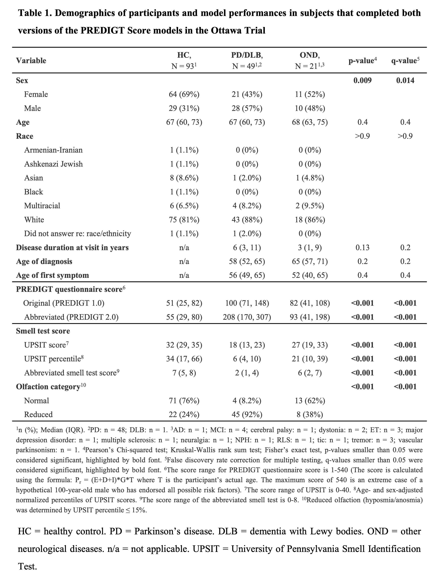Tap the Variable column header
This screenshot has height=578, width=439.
[x=31, y=61]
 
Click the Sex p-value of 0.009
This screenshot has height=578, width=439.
[x=362, y=81]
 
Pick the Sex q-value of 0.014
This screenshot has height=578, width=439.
[x=405, y=81]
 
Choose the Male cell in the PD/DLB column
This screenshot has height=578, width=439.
[x=247, y=108]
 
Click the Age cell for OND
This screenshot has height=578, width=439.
[x=310, y=122]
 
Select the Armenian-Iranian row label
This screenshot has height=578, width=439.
[x=53, y=150]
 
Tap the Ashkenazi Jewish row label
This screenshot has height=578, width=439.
[x=53, y=164]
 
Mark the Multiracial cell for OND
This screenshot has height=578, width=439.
[x=310, y=206]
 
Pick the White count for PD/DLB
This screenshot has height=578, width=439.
[x=247, y=219]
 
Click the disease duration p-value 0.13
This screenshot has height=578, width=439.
[x=362, y=247]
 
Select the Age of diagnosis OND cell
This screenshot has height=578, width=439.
[x=310, y=261]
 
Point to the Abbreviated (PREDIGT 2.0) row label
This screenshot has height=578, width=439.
[x=71, y=317]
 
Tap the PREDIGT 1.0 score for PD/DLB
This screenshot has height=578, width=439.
[x=247, y=303]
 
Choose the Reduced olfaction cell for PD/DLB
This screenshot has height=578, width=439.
[x=247, y=414]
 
